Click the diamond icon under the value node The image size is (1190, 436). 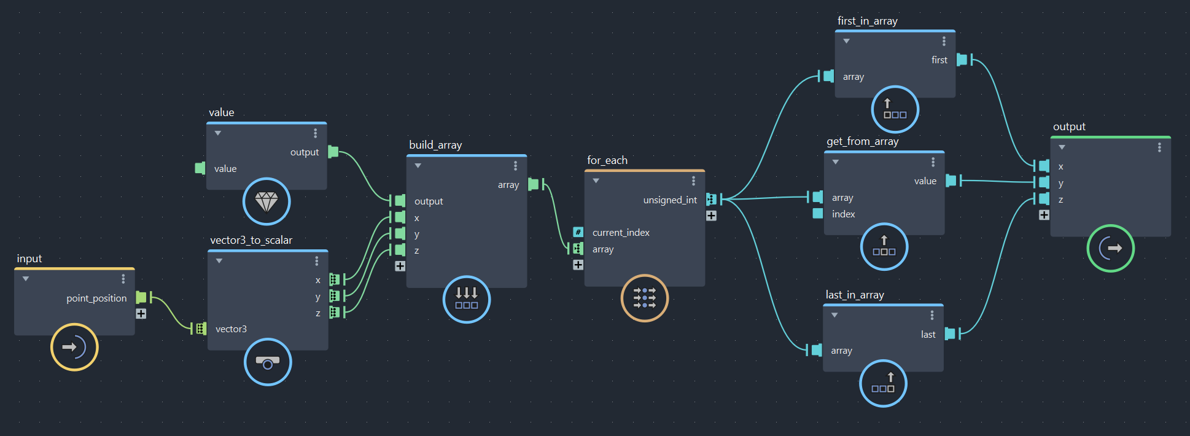coord(266,201)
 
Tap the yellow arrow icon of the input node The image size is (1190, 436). coord(74,347)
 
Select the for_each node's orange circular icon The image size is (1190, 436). coord(644,298)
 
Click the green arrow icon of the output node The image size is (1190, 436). coord(1110,248)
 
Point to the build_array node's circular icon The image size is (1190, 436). coord(467,299)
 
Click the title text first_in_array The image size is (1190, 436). coord(867,21)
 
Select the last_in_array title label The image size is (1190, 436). coord(855,295)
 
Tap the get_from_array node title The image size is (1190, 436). coord(862,141)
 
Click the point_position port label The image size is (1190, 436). coord(96,298)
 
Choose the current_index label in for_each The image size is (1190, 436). coord(621,233)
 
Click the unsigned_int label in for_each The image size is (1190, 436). coord(670,200)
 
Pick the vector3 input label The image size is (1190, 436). coord(231,329)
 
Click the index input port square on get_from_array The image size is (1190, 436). coord(818,213)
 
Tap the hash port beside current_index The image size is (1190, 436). coord(578,232)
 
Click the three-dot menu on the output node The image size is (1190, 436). coord(1159,147)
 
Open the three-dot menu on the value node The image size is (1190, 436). coord(316,133)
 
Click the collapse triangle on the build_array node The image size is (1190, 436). coord(418,166)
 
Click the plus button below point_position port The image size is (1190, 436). coord(141,314)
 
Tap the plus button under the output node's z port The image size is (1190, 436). coord(1044,215)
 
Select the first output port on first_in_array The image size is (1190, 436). coord(962,60)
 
